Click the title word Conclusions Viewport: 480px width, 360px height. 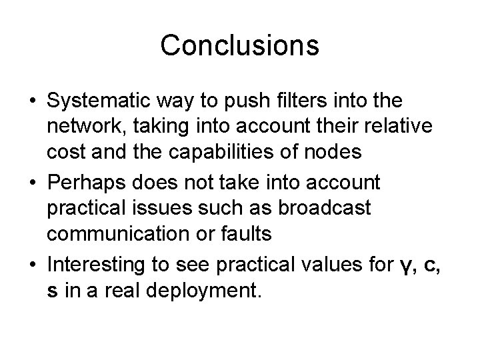pyautogui.click(x=240, y=45)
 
